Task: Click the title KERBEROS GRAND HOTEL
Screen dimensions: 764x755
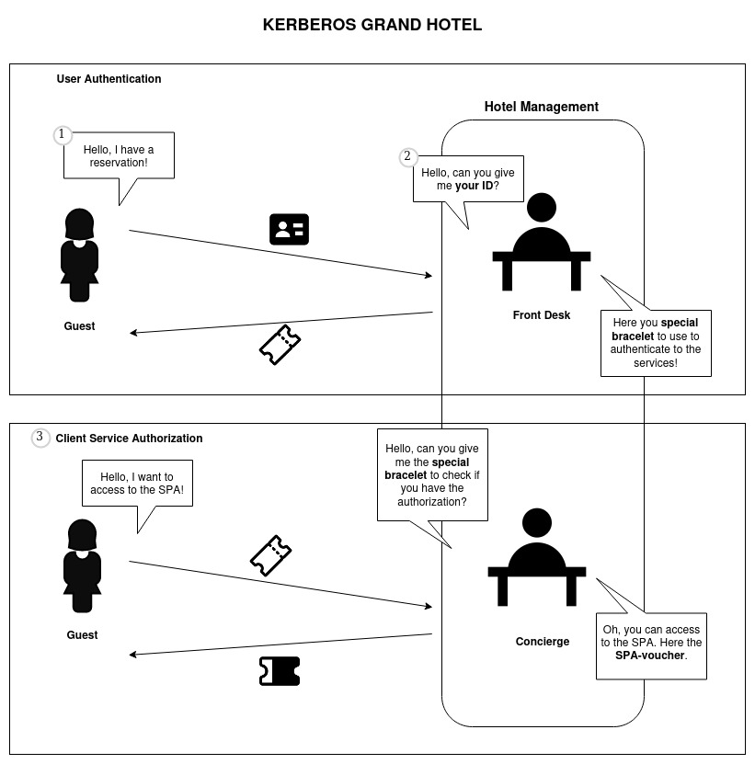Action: tap(372, 25)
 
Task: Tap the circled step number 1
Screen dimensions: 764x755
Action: tap(62, 135)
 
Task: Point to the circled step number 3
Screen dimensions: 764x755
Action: tap(40, 438)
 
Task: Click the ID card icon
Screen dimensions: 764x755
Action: tap(289, 229)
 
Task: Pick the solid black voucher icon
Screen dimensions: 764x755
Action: tap(280, 671)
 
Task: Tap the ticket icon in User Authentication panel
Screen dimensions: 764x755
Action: tap(280, 345)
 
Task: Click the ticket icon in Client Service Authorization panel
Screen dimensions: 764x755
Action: tap(271, 555)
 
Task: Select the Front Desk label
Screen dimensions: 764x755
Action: tap(541, 315)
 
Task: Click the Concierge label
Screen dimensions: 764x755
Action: tap(542, 642)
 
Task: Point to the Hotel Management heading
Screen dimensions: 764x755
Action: tap(541, 107)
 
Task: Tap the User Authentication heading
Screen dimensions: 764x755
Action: tap(109, 79)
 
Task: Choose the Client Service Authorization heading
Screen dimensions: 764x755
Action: tap(129, 439)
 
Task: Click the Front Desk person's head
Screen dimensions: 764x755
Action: tap(542, 206)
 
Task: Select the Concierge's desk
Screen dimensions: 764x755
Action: tap(536, 574)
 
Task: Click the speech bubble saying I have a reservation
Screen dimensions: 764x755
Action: tap(119, 156)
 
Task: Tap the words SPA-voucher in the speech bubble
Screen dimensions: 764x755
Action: tap(650, 656)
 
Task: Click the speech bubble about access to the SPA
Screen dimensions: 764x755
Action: tap(137, 483)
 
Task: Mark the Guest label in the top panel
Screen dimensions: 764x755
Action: tap(79, 326)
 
